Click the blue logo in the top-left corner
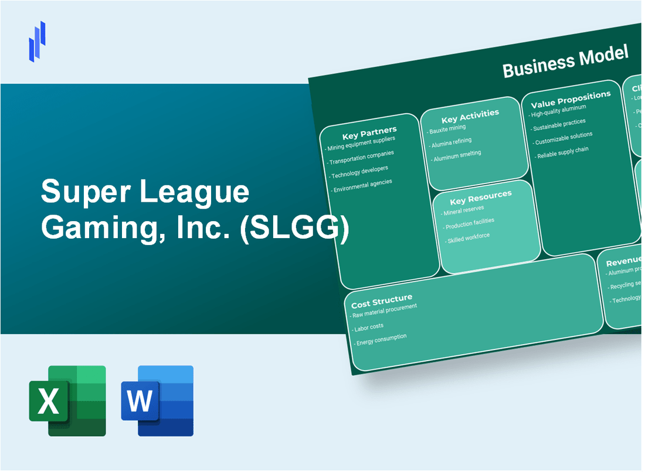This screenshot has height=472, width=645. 37,41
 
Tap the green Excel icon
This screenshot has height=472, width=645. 67,400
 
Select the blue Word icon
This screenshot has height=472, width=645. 157,400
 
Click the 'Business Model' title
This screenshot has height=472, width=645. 565,62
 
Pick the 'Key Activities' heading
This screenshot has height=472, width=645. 470,114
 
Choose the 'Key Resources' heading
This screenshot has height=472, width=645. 480,196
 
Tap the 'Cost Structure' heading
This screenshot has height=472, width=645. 382,301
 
